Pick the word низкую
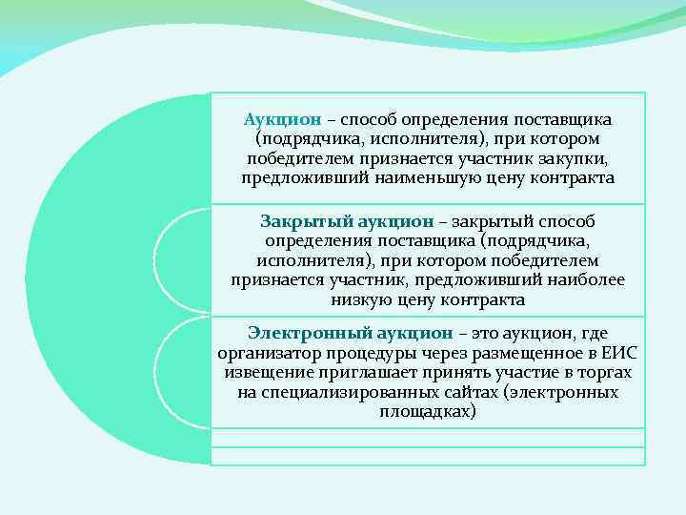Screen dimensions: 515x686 pos(360,299)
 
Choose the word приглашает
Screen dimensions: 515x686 pos(357,373)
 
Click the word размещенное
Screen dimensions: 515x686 pos(525,353)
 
